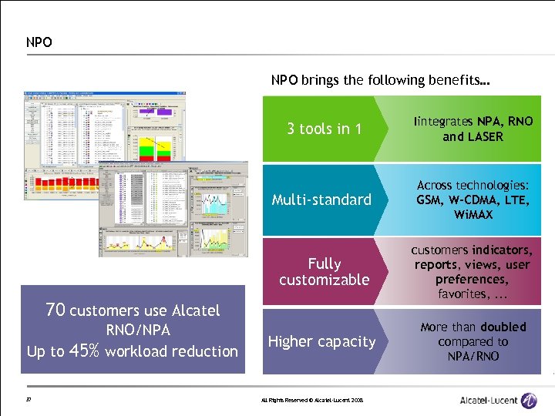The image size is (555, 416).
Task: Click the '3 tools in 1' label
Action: point(324,129)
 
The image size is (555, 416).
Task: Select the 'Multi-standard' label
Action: point(321,200)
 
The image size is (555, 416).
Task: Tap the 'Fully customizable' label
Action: point(324,272)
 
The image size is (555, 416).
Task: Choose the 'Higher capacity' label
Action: point(321,341)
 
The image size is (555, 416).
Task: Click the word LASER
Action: point(483,136)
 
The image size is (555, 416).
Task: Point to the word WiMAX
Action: point(473,214)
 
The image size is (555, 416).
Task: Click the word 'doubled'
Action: point(500,327)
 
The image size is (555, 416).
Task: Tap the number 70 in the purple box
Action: point(55,310)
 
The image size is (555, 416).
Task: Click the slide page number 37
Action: point(29,399)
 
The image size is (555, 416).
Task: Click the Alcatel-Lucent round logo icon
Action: point(529,400)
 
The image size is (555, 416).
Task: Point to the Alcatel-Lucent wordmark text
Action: point(487,400)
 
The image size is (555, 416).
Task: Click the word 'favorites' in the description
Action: point(462,294)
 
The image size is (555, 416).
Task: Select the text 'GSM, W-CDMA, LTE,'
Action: point(473,200)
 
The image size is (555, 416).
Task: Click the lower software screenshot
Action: point(173,208)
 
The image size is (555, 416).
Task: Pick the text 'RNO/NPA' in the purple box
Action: point(133,330)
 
